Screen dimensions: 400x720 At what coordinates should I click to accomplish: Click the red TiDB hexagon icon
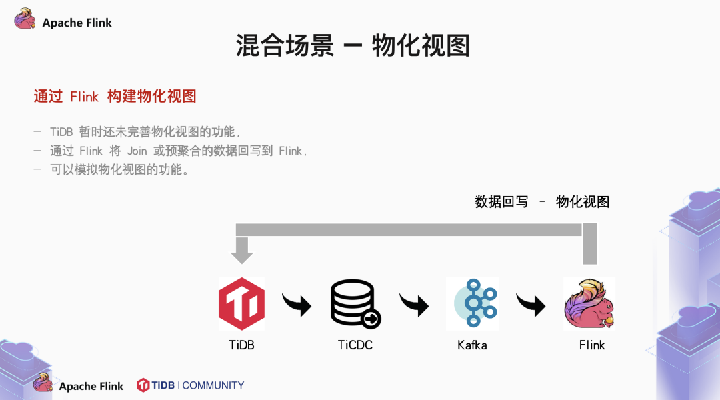(x=241, y=304)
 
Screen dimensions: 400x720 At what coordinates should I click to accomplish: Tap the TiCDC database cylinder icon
(x=355, y=304)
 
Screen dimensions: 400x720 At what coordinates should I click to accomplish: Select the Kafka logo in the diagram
(x=473, y=303)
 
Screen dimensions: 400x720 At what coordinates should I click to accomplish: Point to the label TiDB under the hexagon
(x=241, y=345)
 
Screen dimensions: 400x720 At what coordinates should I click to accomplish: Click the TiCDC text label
(x=355, y=345)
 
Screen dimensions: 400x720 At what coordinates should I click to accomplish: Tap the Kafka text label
(x=472, y=345)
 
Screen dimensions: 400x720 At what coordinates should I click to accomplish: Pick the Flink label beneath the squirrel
(x=592, y=345)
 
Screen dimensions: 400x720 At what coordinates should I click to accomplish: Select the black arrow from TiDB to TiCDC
(x=297, y=305)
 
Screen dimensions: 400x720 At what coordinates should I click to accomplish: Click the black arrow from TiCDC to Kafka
(x=414, y=305)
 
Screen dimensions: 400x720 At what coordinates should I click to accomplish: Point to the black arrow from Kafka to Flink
(x=531, y=305)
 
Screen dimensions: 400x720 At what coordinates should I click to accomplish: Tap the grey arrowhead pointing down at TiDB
(x=241, y=254)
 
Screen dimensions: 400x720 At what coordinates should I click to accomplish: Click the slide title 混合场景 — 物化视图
(x=353, y=45)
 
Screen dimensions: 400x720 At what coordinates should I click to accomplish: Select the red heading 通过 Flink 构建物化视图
(x=115, y=96)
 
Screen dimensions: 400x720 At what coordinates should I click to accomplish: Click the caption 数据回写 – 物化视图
(x=542, y=202)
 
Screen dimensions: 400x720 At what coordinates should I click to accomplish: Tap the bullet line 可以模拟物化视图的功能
(x=119, y=169)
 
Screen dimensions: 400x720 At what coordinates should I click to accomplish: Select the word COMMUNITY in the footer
(x=213, y=385)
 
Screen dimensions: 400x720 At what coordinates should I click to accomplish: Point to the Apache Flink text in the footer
(x=91, y=387)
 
